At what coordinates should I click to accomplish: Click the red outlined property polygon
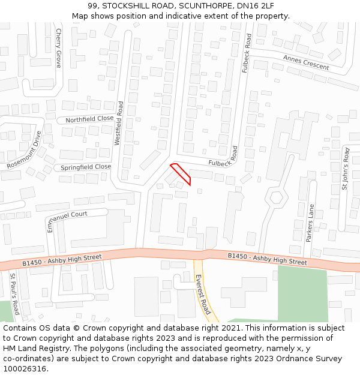coord(181,173)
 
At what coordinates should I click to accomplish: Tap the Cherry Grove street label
coord(59,48)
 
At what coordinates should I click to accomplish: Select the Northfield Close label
coord(89,119)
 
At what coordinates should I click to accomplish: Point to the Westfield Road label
coord(119,124)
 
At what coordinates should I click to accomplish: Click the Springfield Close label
coord(86,167)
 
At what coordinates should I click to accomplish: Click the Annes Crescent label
coord(306,62)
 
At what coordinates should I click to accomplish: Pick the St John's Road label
coord(345,169)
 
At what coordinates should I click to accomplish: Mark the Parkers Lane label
coord(310,223)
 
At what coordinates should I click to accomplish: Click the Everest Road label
coord(203,295)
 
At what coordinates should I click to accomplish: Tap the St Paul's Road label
coord(14,294)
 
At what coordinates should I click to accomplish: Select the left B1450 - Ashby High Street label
coord(62,260)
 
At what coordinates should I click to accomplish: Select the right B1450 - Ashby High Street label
coord(267,259)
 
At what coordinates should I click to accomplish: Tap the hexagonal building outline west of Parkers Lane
coord(276,196)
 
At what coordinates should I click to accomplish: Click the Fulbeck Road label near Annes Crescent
coord(247,53)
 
